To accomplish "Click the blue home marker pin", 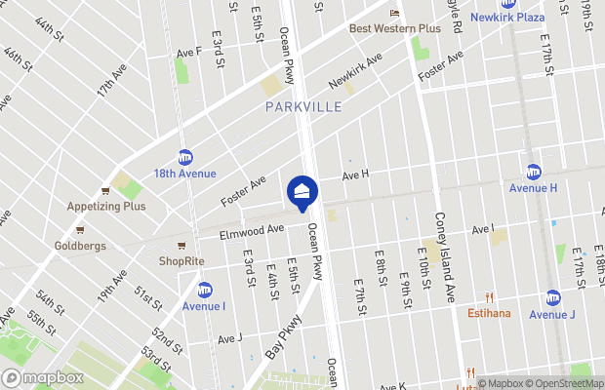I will [x=302, y=192].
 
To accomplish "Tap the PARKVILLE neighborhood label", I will [x=303, y=106].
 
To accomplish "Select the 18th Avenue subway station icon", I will [x=185, y=157].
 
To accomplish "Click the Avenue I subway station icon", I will [x=205, y=290].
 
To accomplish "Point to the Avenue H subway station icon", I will [x=533, y=172].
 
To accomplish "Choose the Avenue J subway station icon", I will [x=552, y=297].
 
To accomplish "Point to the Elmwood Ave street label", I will [x=251, y=231].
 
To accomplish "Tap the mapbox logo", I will [x=42, y=377].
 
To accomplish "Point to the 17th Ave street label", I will [x=110, y=94].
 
